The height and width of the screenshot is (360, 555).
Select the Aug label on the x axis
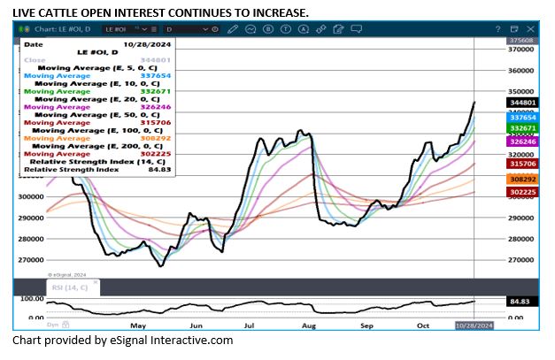tap(309, 326)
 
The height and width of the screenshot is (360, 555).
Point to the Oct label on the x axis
tap(423, 326)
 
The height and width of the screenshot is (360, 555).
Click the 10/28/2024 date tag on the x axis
tap(474, 326)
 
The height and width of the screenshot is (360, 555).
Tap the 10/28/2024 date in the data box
tap(143, 42)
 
